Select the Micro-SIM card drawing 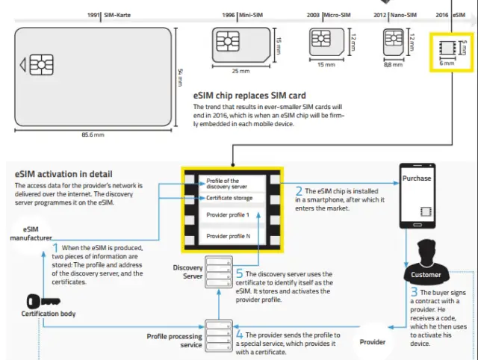tap(326, 41)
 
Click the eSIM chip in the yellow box tap(447, 47)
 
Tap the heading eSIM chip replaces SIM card tap(249, 96)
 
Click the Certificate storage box tap(229, 198)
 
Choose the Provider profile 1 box tap(229, 215)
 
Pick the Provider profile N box tap(229, 237)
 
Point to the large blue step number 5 tap(240, 274)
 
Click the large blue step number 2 tap(299, 193)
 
